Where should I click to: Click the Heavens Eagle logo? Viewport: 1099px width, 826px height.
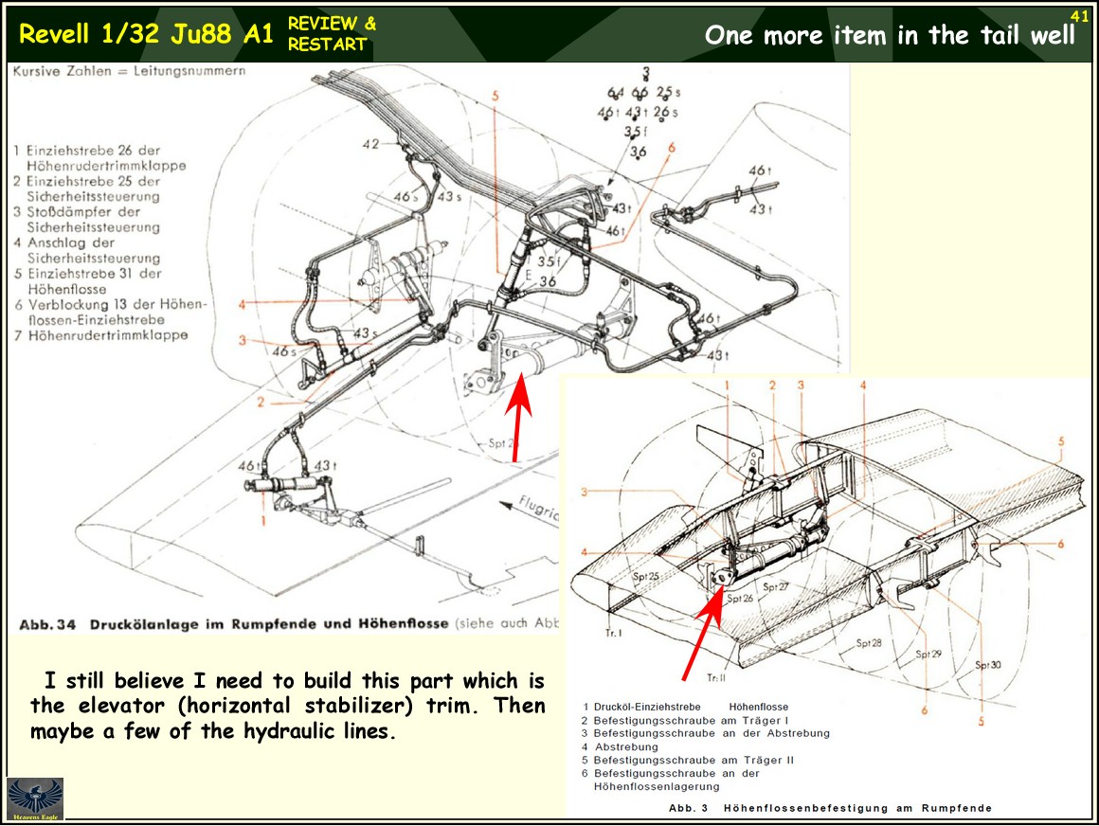point(35,799)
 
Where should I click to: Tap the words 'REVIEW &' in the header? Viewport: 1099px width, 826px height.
point(332,24)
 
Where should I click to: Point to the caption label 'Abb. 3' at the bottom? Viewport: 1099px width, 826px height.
point(688,807)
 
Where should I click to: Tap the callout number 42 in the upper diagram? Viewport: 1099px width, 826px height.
point(369,144)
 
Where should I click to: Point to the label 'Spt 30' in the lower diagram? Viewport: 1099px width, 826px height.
point(988,665)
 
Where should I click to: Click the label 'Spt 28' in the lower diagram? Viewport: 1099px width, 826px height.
point(869,643)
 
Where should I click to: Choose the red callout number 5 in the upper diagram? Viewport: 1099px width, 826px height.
point(495,95)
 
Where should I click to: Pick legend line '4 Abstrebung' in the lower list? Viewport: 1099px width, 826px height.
point(621,746)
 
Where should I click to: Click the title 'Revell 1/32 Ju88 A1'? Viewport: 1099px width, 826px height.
point(146,34)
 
